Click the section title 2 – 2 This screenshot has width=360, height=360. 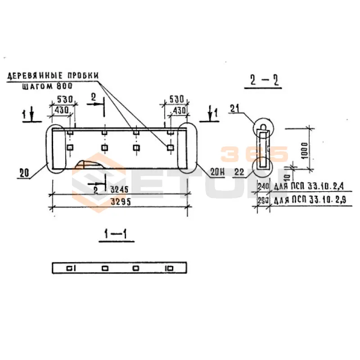(x=264, y=81)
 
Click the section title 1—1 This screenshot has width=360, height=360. (x=116, y=234)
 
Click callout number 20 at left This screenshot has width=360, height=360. (x=24, y=171)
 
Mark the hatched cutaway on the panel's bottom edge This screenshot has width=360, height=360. (x=90, y=164)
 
